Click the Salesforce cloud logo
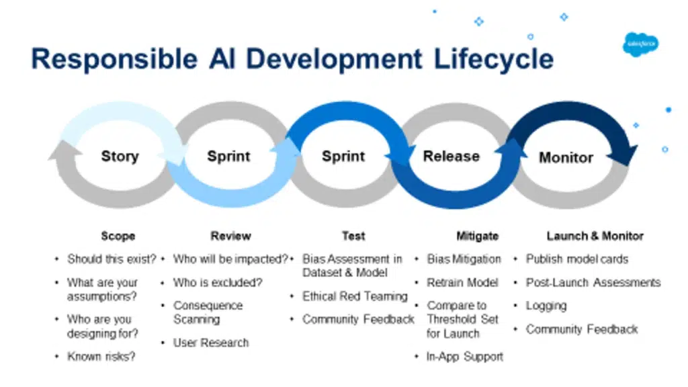point(640,44)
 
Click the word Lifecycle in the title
point(494,59)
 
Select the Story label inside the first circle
point(120,156)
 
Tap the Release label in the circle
point(451,156)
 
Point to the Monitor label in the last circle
point(566,157)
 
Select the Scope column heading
point(118,236)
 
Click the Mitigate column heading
point(478,236)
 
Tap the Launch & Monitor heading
point(595,236)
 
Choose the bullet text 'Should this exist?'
point(112,259)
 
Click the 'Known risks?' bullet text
point(101,357)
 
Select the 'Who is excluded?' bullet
point(218,283)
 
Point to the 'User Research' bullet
point(211,343)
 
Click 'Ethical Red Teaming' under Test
point(355,296)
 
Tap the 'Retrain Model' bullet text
point(462,283)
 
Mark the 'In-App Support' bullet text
point(465,357)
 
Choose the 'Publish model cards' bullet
point(577,259)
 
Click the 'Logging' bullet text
point(546,306)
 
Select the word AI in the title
point(222,59)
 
